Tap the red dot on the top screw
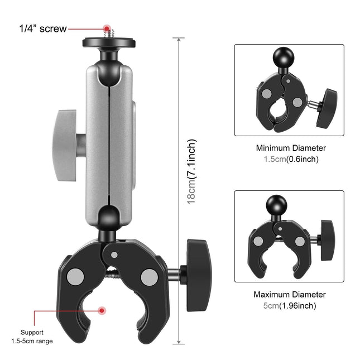(106, 27)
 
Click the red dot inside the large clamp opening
(102, 310)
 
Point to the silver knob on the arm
(64, 142)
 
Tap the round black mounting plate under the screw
(106, 42)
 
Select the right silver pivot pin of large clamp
(149, 276)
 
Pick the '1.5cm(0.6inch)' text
(291, 159)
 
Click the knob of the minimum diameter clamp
(324, 108)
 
